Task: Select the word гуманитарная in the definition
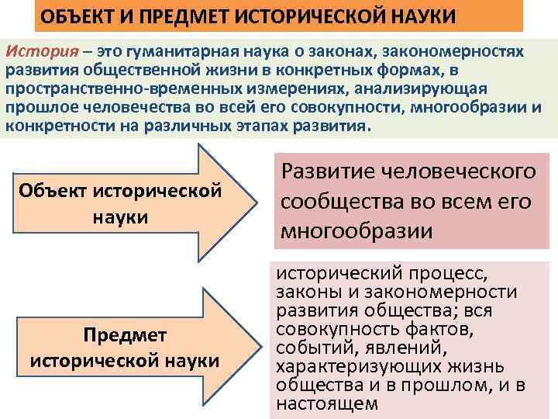pyautogui.click(x=175, y=51)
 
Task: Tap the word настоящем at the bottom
pyautogui.click(x=327, y=403)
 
